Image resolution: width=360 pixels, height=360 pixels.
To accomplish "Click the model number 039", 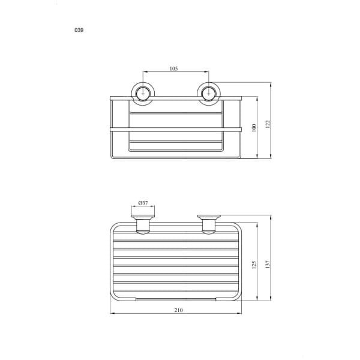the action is click(79, 30).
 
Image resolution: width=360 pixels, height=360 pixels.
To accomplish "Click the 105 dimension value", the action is click(173, 68).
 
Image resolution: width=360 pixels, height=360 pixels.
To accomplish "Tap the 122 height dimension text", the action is click(268, 124).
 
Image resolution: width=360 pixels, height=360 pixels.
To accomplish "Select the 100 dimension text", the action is click(254, 128).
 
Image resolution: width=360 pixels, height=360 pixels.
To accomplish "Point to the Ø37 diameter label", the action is click(143, 203).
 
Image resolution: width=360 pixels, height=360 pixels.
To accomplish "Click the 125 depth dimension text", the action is click(254, 265).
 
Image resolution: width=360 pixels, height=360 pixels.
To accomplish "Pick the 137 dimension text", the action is click(268, 264).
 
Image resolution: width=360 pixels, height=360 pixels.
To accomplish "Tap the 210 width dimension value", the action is click(178, 310).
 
